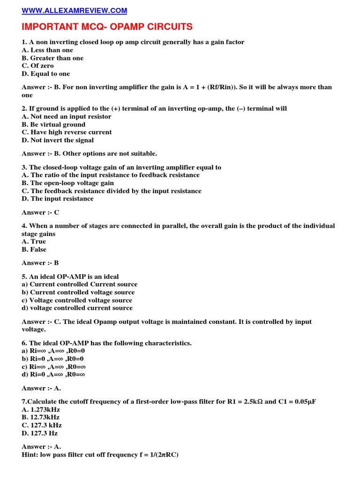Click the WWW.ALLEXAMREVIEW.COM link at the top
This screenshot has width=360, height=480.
[x=74, y=11]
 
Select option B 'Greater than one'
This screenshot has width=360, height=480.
[x=52, y=58]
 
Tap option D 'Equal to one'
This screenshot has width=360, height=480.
[x=45, y=74]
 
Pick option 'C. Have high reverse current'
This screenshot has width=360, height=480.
[x=67, y=132]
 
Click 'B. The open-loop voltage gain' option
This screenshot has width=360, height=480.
[x=67, y=183]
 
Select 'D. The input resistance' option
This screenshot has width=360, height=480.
[x=58, y=199]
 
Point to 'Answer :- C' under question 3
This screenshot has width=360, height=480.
[x=40, y=212]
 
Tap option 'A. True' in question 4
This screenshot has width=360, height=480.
[x=34, y=242]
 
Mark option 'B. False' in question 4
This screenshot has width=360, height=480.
[x=34, y=250]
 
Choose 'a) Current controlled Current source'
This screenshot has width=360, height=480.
[x=80, y=285]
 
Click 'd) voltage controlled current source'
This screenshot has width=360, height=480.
[x=77, y=308]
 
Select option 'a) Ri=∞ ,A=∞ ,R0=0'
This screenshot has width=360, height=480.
[x=53, y=351]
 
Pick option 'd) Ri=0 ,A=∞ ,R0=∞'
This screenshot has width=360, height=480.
[x=54, y=375]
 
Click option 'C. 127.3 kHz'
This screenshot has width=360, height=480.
[x=42, y=425]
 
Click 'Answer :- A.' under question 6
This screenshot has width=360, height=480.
[x=41, y=388]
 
